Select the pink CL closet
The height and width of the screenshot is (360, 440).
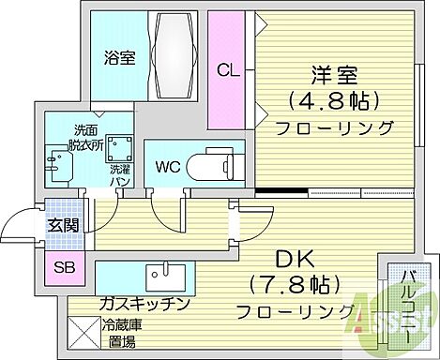pyautogui.click(x=226, y=70)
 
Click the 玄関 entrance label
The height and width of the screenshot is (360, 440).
pyautogui.click(x=62, y=226)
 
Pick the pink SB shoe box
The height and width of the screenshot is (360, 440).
pyautogui.click(x=65, y=267)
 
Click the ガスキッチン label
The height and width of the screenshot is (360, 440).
pyautogui.click(x=144, y=305)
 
